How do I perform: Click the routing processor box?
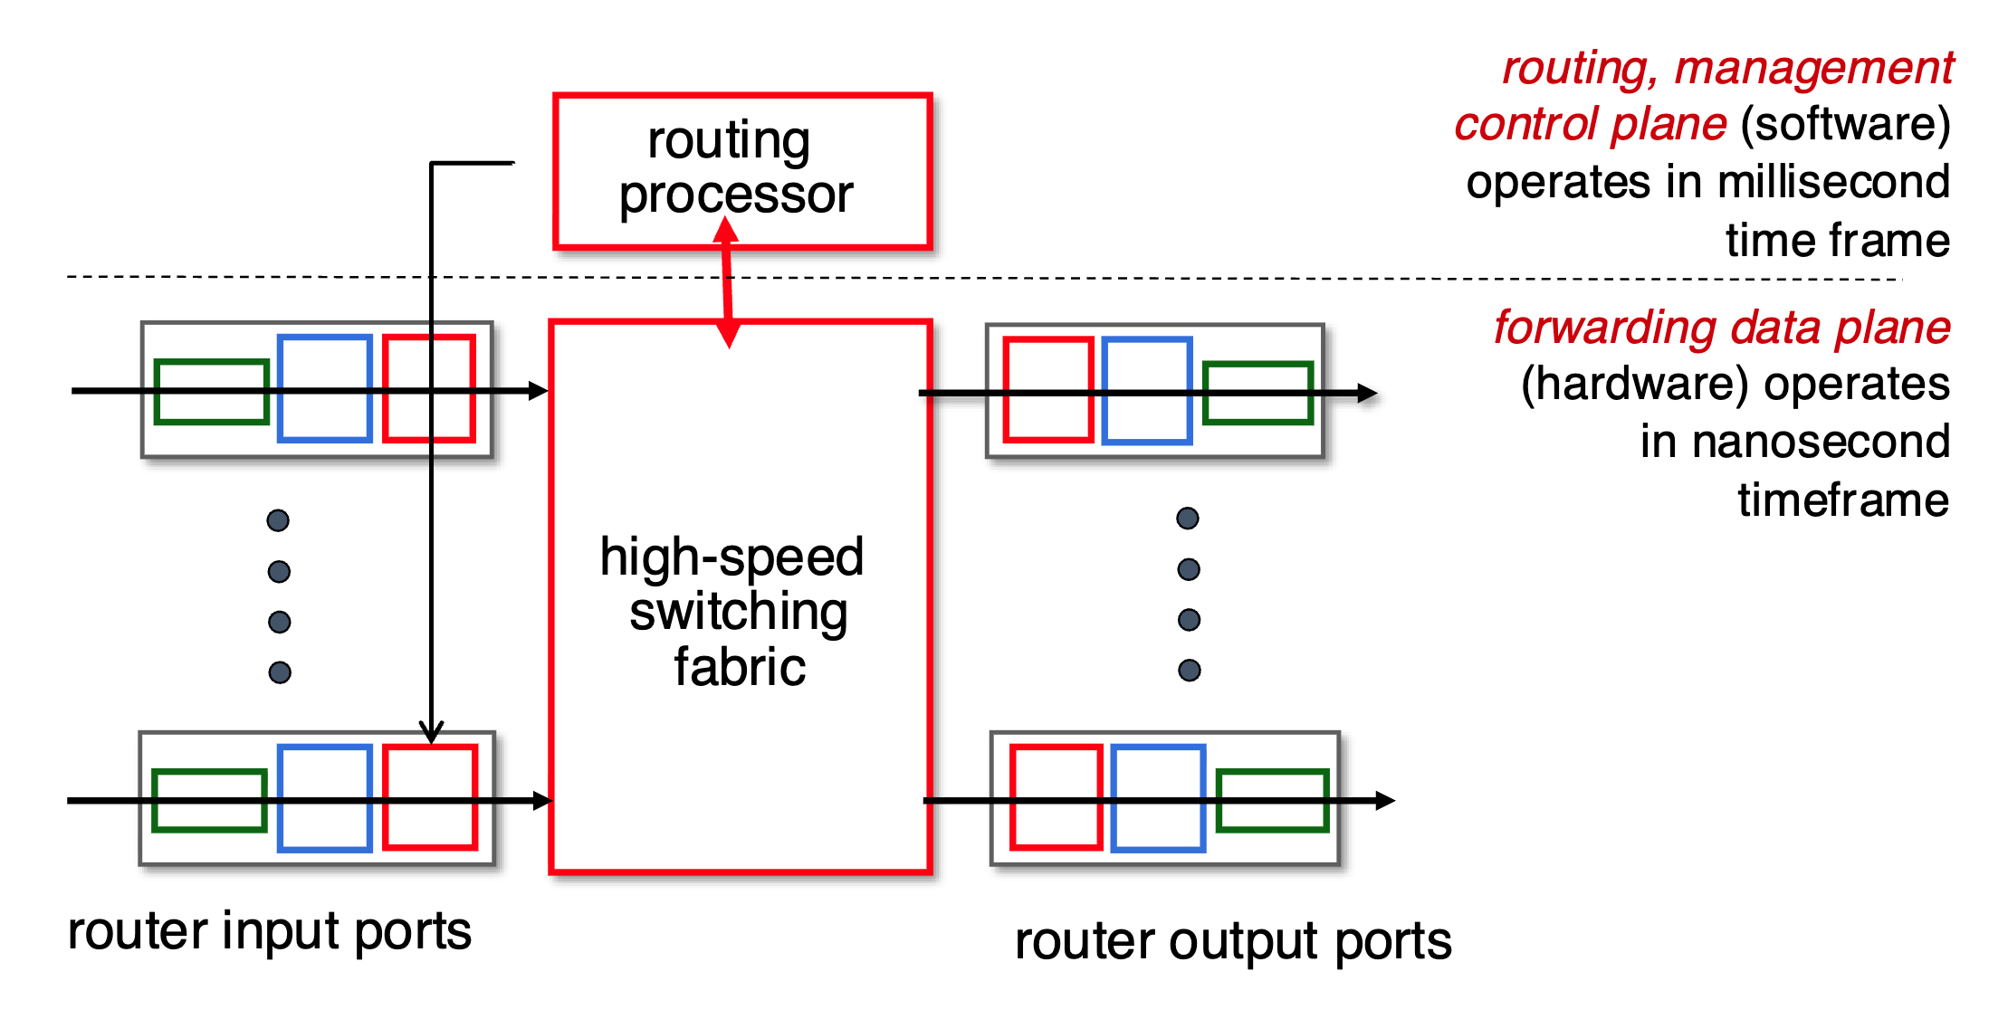point(742,170)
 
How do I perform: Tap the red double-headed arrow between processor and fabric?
point(727,282)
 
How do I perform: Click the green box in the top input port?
point(212,392)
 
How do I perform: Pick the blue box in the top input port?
point(325,388)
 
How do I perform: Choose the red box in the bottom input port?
point(430,797)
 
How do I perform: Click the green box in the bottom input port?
point(209,800)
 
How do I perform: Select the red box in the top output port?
point(1048,390)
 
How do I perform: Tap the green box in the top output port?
point(1257,393)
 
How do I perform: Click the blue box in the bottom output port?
point(1158,798)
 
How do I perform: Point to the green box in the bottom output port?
point(1272,800)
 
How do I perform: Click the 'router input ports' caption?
point(269,931)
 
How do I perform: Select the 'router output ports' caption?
point(1233,941)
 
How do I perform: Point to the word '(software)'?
point(1845,124)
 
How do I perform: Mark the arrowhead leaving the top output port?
point(1368,393)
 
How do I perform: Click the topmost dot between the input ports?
point(278,520)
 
